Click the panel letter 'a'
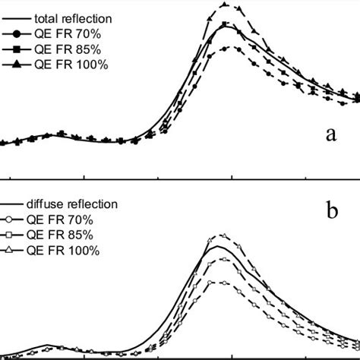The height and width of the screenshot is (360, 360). (x=330, y=135)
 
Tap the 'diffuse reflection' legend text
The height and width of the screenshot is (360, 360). (x=72, y=204)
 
